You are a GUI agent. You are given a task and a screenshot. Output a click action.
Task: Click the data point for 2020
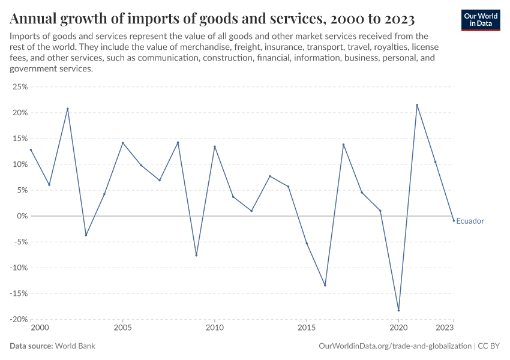(x=398, y=310)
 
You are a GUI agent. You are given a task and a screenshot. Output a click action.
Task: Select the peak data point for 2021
(x=417, y=105)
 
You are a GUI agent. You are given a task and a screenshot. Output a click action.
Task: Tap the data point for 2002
(x=68, y=109)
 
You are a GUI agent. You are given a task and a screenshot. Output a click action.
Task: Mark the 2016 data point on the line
(x=325, y=285)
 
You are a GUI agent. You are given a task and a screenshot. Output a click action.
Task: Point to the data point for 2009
(x=196, y=255)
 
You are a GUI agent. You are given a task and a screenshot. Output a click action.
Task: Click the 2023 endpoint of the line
(x=454, y=220)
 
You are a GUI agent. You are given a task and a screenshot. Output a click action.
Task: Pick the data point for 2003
(x=86, y=235)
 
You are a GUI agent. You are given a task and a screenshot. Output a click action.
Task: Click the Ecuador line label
(x=470, y=221)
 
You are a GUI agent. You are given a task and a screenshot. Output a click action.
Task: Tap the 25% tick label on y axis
(x=20, y=87)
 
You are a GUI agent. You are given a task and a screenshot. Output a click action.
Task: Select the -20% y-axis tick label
(x=18, y=319)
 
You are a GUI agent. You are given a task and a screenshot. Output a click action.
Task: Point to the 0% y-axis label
(x=22, y=216)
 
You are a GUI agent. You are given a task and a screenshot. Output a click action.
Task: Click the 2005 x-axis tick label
(x=122, y=328)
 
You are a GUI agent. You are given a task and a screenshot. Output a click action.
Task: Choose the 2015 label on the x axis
(x=307, y=328)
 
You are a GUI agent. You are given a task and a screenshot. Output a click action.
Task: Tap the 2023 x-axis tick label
(x=445, y=328)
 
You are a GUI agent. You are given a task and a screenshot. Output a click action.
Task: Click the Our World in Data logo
(x=481, y=20)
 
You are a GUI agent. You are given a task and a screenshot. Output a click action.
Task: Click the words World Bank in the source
(x=76, y=346)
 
